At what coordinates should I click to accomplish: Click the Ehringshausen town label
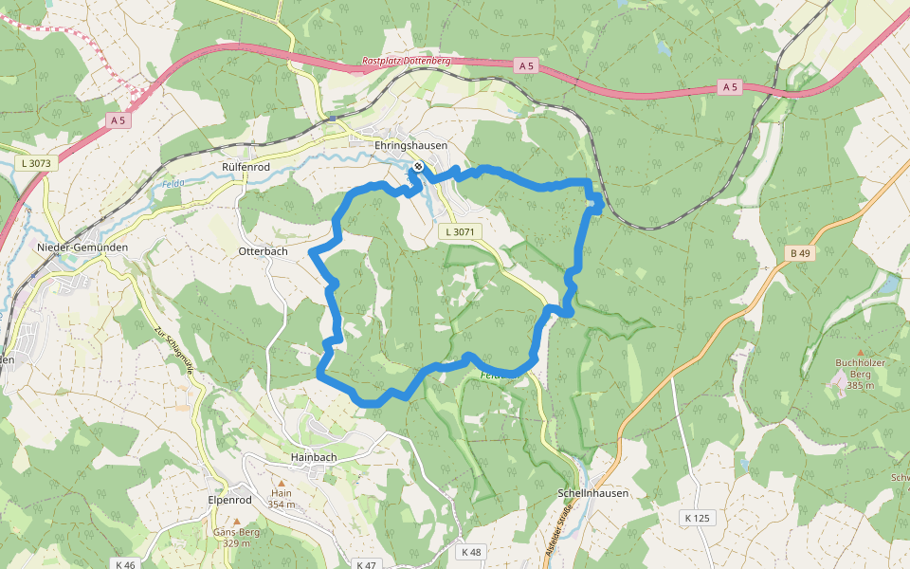[x=410, y=145]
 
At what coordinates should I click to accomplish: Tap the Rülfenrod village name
[x=246, y=167]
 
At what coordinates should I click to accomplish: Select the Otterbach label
[x=263, y=251]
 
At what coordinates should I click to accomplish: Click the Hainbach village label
[x=314, y=457]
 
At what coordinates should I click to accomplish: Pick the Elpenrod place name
[x=231, y=499]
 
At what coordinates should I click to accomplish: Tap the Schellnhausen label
[x=593, y=493]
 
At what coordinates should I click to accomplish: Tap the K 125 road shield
[x=696, y=518]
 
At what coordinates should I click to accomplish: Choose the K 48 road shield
[x=471, y=551]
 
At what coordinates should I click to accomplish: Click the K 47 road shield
[x=366, y=564]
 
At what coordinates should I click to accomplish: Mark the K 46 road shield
[x=124, y=564]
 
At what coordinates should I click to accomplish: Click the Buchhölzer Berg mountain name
[x=860, y=374]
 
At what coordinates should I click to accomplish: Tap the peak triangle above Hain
[x=281, y=482]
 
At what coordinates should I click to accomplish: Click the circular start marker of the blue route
[x=418, y=166]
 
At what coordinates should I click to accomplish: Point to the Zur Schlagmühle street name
[x=174, y=351]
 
